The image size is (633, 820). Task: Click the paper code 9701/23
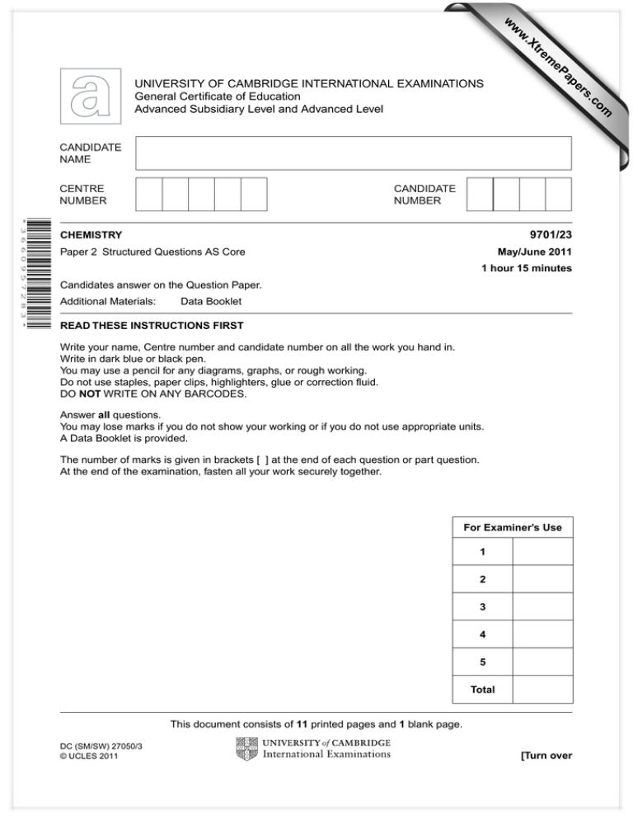pos(549,235)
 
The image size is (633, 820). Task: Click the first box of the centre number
pos(148,195)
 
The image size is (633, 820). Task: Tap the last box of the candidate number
pos(558,195)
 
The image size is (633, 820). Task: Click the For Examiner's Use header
pos(512,526)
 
